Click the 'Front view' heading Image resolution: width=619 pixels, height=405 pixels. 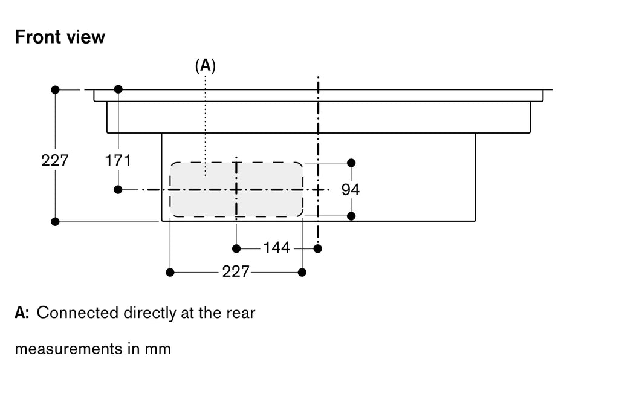(x=60, y=37)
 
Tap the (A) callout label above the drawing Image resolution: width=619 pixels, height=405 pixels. (x=206, y=65)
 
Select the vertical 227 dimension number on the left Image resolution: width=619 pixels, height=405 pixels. (x=55, y=160)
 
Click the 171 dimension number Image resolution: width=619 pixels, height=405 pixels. (x=118, y=160)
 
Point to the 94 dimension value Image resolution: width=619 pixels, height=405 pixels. (x=351, y=190)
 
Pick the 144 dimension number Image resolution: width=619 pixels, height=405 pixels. (x=277, y=248)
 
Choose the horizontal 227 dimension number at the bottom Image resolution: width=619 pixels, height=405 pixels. (x=236, y=271)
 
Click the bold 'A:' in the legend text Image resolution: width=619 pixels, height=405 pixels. (x=22, y=313)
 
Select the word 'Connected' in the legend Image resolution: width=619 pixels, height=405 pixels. (x=78, y=313)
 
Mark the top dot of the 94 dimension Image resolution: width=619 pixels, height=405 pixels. (x=351, y=163)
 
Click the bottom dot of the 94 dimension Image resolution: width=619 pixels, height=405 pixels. (x=351, y=216)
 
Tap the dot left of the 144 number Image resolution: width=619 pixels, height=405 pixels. (x=236, y=248)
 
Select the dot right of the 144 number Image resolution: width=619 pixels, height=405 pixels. (x=318, y=248)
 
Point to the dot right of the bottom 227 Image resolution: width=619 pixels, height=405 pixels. (x=302, y=272)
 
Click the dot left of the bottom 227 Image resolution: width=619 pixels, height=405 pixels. (x=170, y=272)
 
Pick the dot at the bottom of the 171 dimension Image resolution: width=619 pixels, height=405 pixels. (x=118, y=190)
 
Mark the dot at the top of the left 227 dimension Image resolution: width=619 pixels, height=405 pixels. (x=55, y=90)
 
